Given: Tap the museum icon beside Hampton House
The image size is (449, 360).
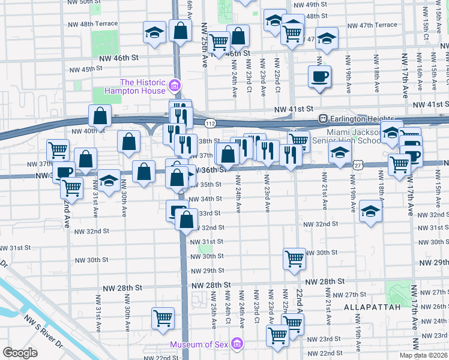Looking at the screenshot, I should point(175,86).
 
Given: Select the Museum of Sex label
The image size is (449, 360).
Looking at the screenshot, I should point(199,344).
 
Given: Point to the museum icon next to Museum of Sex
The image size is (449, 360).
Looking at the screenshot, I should point(237,344).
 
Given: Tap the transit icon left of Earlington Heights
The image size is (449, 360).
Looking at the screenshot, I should point(322,118).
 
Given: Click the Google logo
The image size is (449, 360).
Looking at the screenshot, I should point(20,352).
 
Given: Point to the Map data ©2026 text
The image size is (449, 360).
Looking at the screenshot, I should point(423,355).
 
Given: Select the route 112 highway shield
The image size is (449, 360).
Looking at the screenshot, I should point(209,123).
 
